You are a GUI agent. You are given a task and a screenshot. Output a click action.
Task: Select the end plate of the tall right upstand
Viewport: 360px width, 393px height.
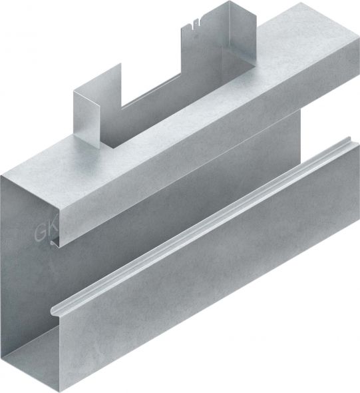(x=236, y=30)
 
